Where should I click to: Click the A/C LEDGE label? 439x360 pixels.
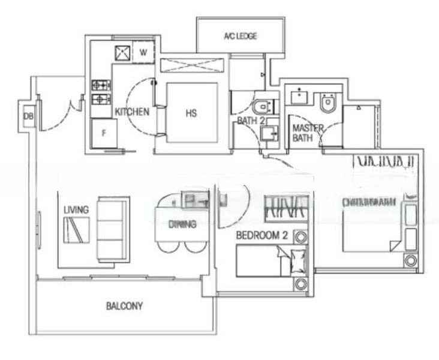(x=240, y=37)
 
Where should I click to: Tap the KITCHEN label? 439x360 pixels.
(x=132, y=112)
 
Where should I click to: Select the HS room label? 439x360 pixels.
(x=191, y=112)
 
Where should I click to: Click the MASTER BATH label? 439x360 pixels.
(x=308, y=133)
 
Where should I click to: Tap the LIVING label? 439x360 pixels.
(x=76, y=209)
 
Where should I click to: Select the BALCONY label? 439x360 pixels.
(x=124, y=306)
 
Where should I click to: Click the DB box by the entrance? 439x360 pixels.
(x=28, y=116)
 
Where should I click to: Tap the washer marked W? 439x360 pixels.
(x=143, y=52)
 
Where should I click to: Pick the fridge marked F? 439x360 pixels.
(x=103, y=133)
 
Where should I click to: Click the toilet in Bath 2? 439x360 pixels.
(x=262, y=107)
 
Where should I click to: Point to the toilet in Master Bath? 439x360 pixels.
(x=327, y=104)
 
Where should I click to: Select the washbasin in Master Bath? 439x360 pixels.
(x=299, y=97)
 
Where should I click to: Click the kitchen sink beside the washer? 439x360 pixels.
(x=122, y=52)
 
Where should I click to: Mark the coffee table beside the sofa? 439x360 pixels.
(x=76, y=230)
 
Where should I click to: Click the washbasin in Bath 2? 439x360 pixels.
(x=271, y=131)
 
